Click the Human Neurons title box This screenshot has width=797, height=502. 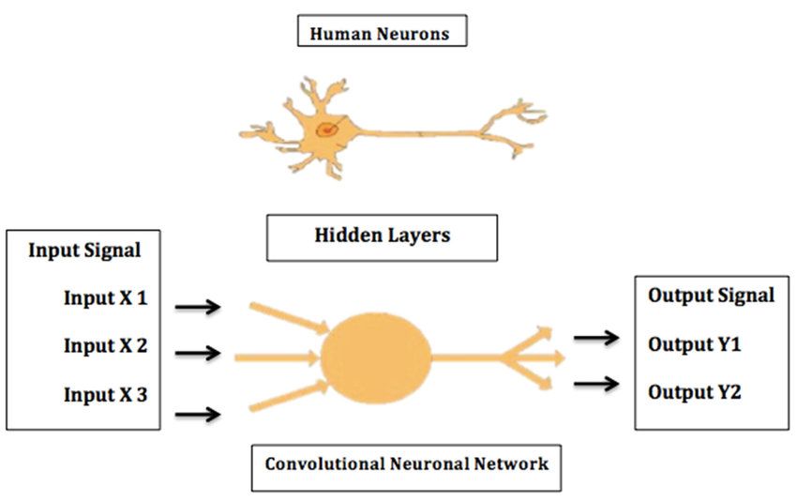pos(381,34)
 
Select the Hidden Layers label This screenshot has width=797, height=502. pos(382,236)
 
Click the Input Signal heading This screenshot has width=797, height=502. pos(84,251)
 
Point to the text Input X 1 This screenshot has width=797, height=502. pos(105,298)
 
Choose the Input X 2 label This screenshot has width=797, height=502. pos(105,345)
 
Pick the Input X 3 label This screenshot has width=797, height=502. pos(105,394)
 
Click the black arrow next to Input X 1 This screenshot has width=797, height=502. pos(198,306)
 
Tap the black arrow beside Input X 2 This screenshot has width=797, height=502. pos(198,353)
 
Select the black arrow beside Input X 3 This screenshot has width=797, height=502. pos(198,412)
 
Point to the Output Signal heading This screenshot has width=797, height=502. pos(711,296)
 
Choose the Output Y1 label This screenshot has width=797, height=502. pos(694,344)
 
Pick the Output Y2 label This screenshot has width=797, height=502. pos(694,392)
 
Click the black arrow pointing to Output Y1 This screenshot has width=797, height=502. pos(596,337)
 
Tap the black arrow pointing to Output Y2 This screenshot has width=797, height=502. pos(596,383)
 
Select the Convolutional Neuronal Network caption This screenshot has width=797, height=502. pos(406,464)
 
